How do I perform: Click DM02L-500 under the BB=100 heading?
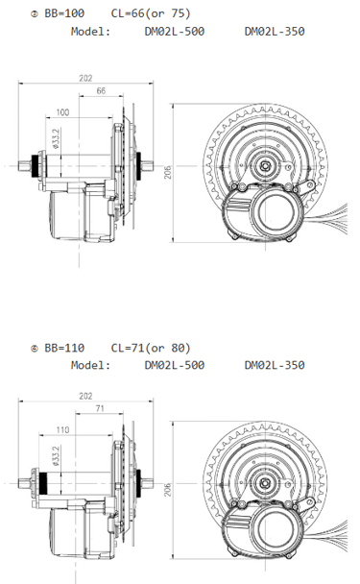tap(174, 31)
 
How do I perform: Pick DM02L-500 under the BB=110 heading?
tap(174, 365)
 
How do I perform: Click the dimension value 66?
tap(101, 91)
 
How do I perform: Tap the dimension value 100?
tap(63, 112)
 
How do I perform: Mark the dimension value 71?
tap(100, 408)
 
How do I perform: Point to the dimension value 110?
tap(63, 430)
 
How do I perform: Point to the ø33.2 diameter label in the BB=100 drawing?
tap(57, 141)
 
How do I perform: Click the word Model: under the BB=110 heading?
tap(91, 365)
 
